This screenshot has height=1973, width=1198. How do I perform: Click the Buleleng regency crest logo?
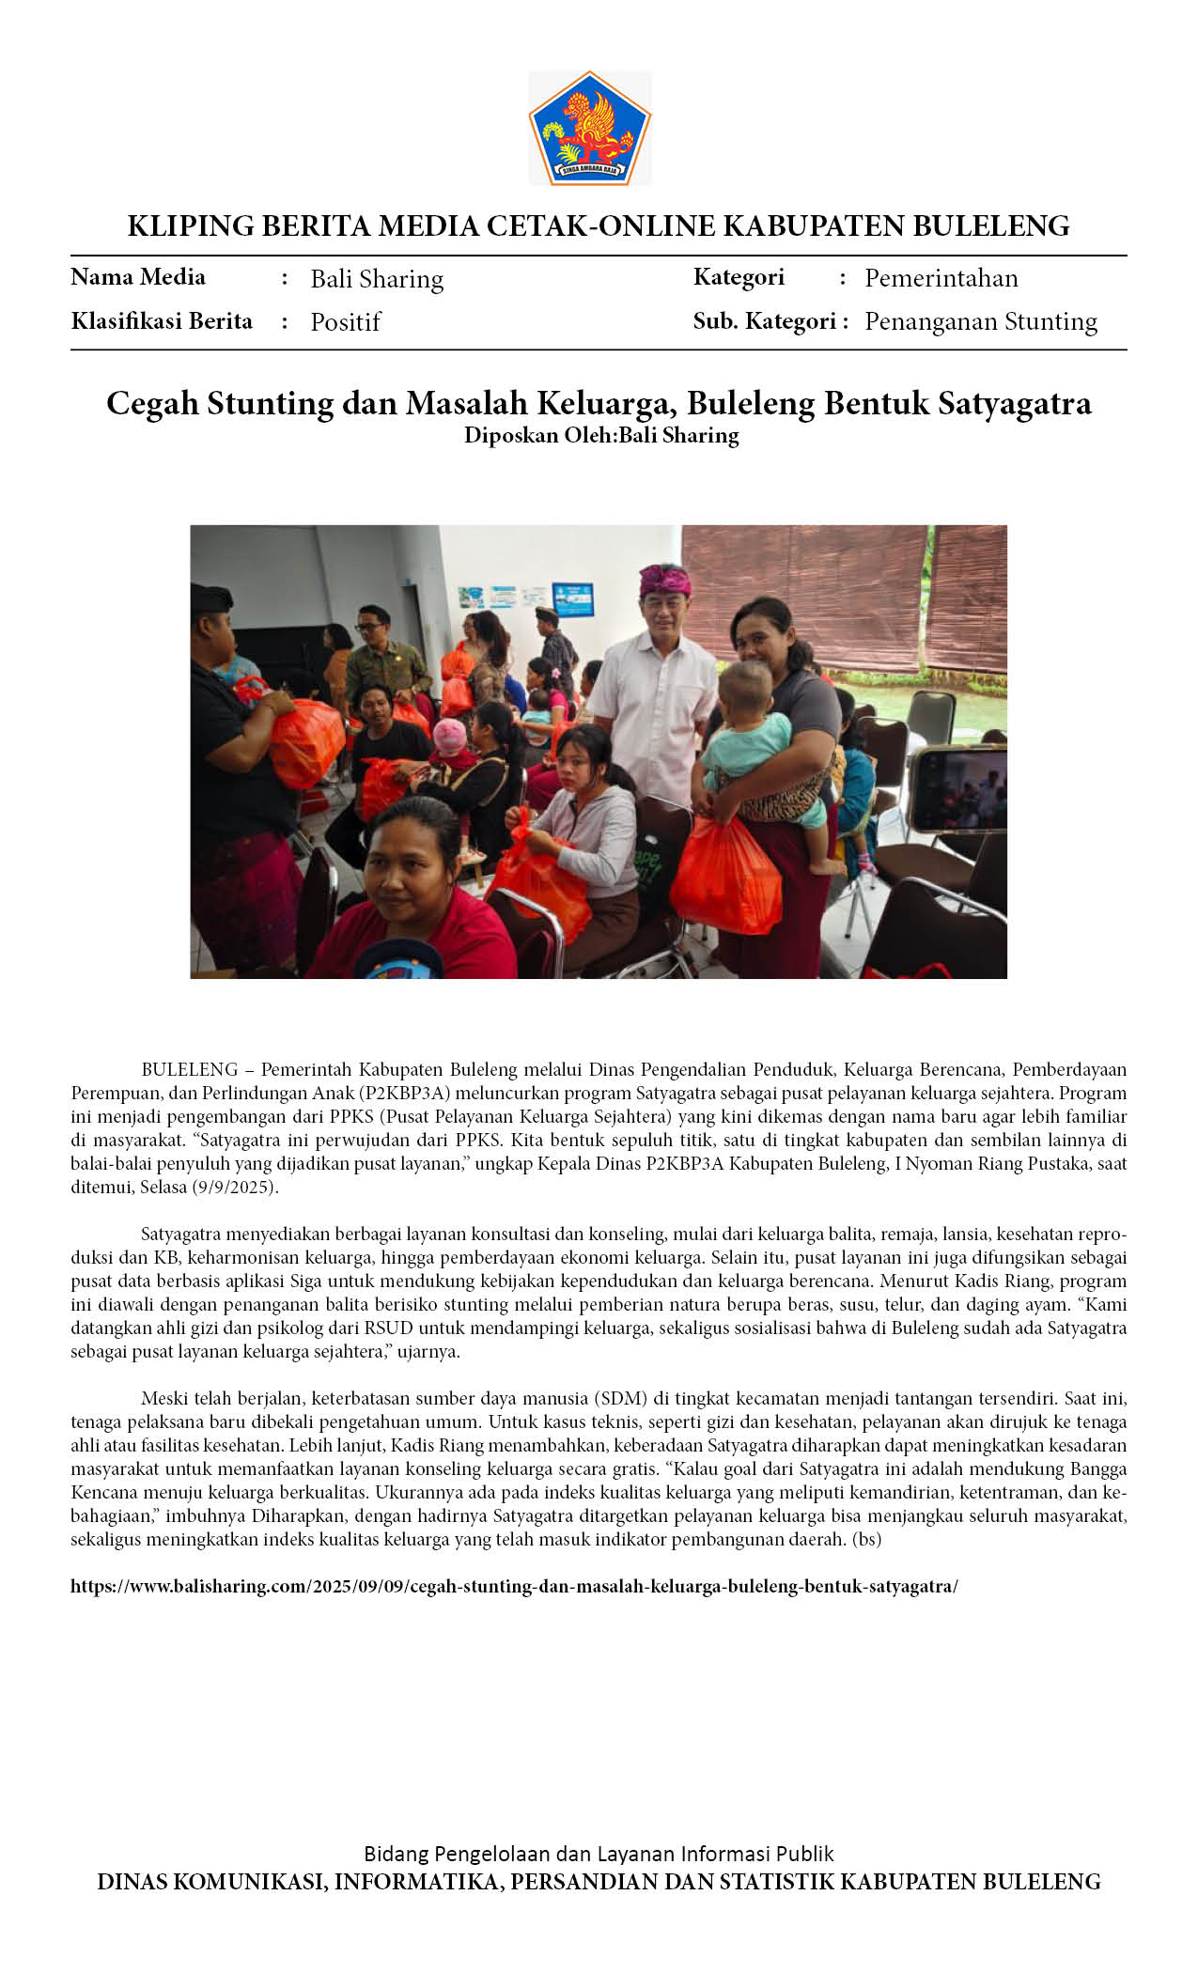pos(589,127)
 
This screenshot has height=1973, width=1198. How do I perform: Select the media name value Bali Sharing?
pos(377,279)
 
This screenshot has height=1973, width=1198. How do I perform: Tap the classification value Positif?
pos(345,322)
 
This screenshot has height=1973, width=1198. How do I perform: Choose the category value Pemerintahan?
pos(941,278)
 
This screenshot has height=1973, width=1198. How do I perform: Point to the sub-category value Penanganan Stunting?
pos(980,321)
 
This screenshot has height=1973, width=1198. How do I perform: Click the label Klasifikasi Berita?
pos(162,321)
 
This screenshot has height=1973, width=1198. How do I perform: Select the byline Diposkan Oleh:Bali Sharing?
pos(601,436)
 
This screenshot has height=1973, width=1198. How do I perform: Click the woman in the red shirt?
pos(413,893)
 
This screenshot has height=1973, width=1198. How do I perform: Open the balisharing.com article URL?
pos(514,1587)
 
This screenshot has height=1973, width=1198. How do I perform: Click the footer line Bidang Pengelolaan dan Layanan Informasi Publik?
pos(599,1854)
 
